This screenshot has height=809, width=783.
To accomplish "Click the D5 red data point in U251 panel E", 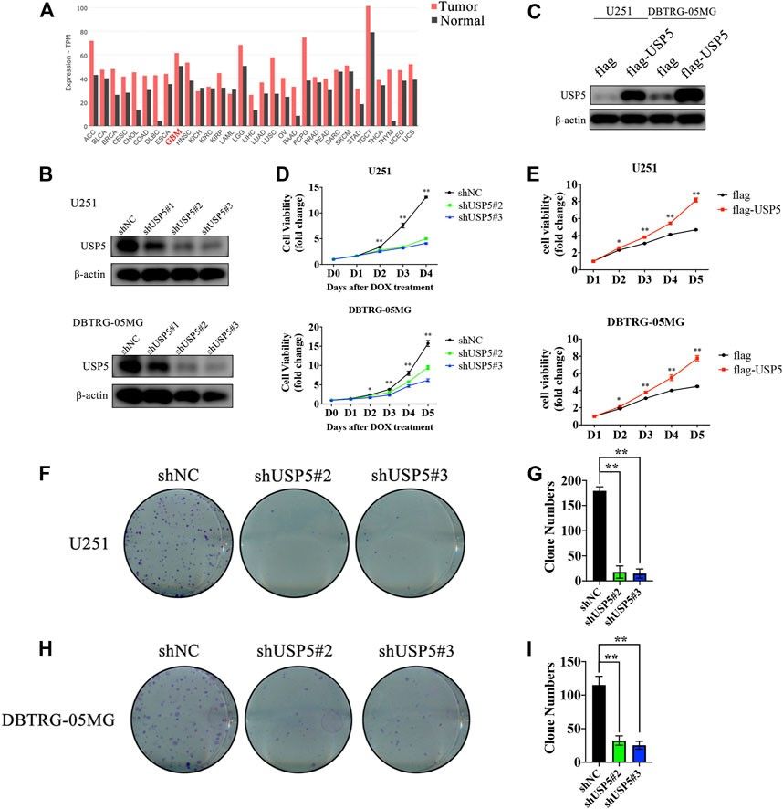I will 695,200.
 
